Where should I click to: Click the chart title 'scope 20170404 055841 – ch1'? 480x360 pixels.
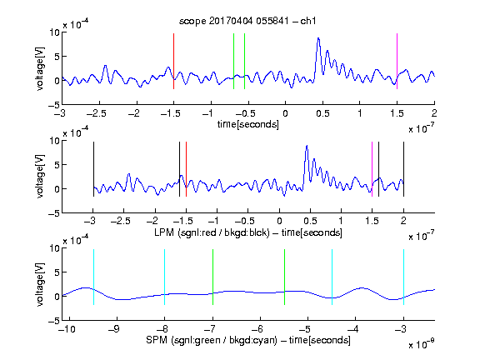(247, 21)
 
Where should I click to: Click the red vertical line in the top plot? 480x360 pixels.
(173, 61)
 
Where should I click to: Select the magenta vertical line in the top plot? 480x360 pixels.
(397, 61)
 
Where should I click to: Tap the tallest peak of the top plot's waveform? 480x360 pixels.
(318, 38)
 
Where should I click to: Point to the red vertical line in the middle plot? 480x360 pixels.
(186, 169)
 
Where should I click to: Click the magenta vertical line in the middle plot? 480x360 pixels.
(372, 169)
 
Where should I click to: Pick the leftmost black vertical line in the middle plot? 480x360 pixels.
(93, 169)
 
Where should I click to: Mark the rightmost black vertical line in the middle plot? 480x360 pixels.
(403, 169)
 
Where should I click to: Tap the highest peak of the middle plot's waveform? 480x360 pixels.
(307, 147)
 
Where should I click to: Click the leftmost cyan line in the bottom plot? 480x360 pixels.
(93, 277)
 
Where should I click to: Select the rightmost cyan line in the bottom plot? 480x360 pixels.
(403, 277)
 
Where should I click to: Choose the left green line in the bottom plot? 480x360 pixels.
(212, 277)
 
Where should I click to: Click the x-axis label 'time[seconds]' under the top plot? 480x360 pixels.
(248, 124)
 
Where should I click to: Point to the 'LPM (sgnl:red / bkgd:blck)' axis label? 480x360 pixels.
(212, 232)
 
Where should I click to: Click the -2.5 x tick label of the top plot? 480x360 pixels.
(96, 113)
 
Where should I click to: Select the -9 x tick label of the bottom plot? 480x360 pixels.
(114, 329)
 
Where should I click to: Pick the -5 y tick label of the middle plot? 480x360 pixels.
(53, 213)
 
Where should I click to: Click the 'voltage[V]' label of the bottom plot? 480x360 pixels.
(40, 284)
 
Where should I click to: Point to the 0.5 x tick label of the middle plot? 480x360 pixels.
(310, 221)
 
